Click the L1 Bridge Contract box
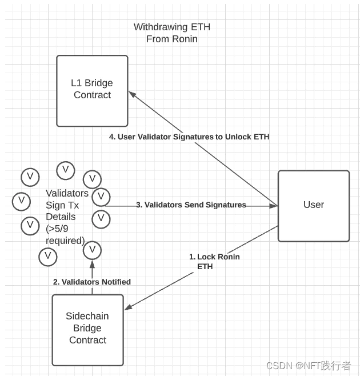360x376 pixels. point(92,90)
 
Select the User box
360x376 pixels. point(313,205)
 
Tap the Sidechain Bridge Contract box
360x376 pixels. point(87,329)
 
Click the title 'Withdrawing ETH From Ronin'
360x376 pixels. point(172,33)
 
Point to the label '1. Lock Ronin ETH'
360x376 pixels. point(214,261)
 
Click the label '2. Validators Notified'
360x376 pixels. point(92,282)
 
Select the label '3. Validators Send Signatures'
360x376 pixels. point(191,205)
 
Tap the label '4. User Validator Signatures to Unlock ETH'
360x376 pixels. point(189,137)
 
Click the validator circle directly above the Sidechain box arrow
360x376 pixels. point(92,250)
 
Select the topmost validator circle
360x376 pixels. point(65,170)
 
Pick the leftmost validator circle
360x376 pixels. point(21,201)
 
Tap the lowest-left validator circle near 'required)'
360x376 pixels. point(48,256)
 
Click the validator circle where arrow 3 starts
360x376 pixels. point(101,197)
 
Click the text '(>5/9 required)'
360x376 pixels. point(65,234)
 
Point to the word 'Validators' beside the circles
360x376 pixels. point(67,193)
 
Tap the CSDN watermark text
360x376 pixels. point(308,365)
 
